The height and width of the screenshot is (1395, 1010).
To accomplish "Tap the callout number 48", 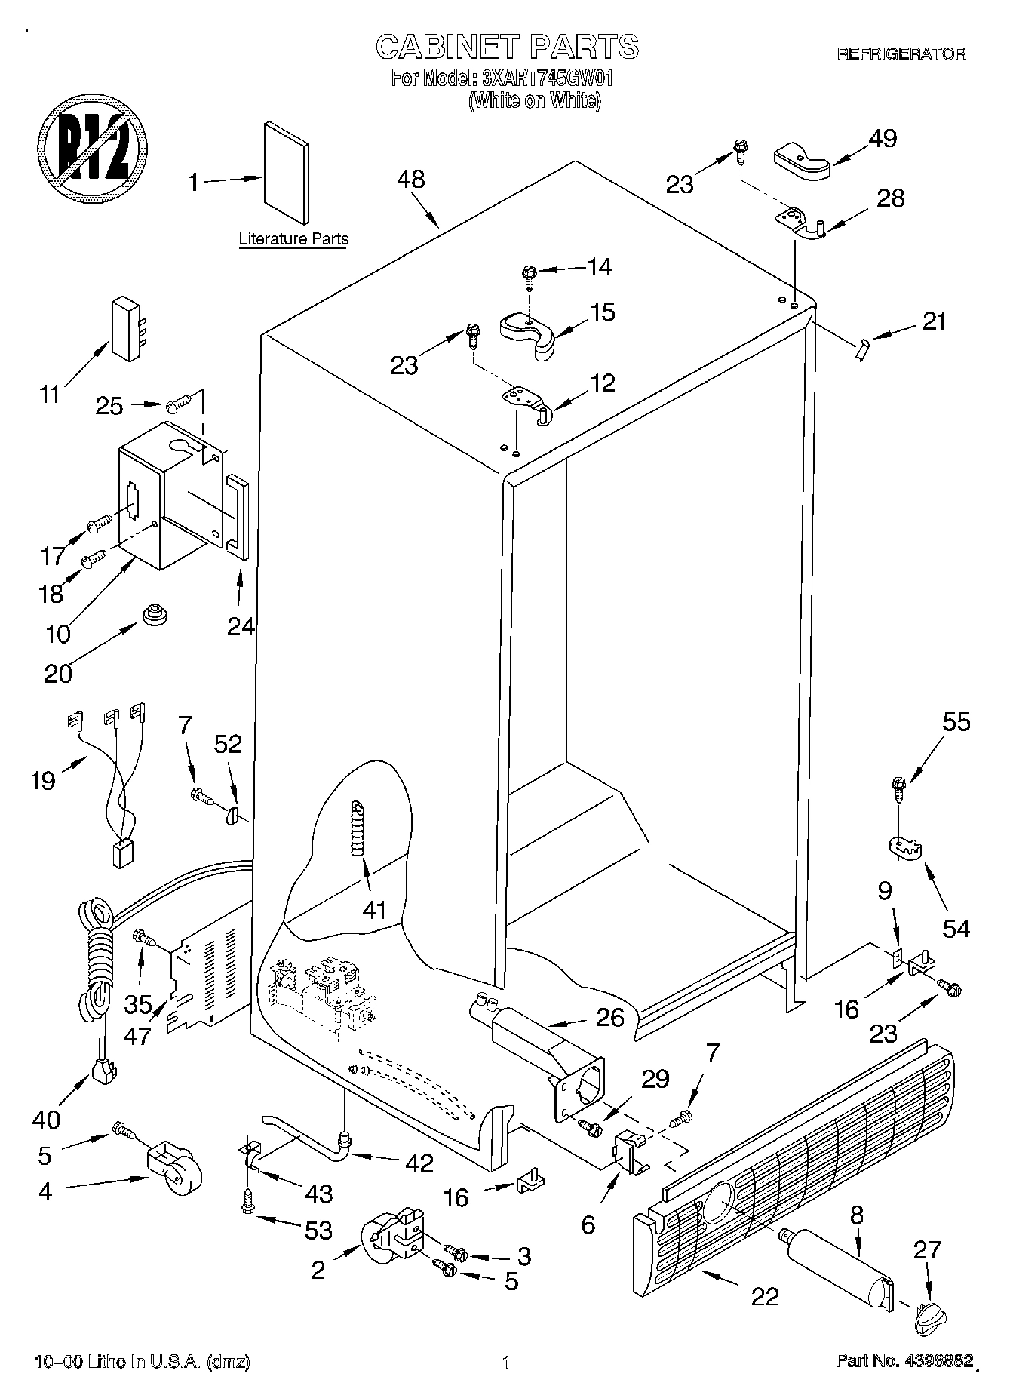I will [x=410, y=179].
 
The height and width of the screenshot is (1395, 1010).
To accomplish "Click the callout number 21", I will [x=934, y=321].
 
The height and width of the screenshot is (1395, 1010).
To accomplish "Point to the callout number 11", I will [x=49, y=394].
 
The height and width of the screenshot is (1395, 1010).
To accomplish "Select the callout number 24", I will [x=241, y=626].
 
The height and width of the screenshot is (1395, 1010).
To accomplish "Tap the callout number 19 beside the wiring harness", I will [x=43, y=780].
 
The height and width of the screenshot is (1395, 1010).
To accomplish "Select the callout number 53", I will [x=318, y=1231].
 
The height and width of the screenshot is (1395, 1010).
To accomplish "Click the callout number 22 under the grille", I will [x=764, y=1296].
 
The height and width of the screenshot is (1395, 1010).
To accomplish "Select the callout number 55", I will [x=956, y=722].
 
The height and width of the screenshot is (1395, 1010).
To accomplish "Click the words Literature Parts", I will [x=293, y=240].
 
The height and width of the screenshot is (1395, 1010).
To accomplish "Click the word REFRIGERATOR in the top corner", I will [x=901, y=54].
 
